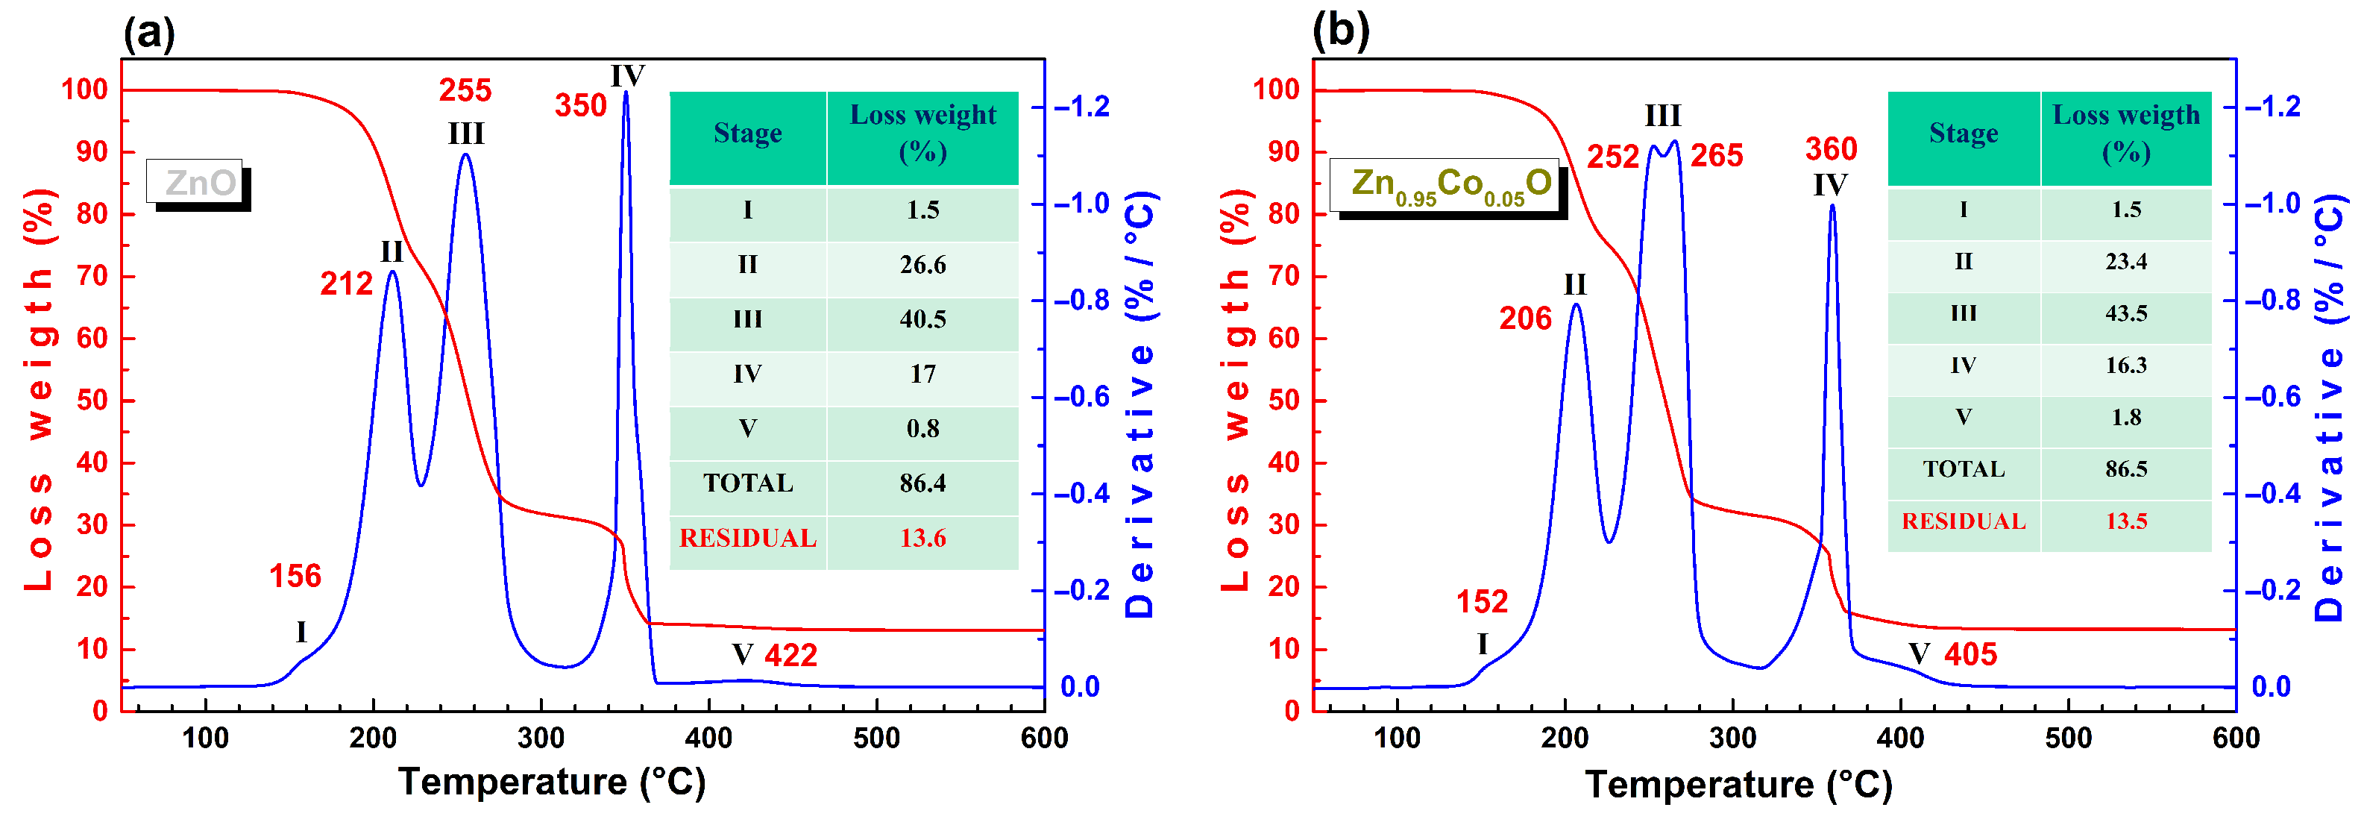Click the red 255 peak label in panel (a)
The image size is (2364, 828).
point(465,90)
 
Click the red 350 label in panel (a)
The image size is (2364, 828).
point(580,106)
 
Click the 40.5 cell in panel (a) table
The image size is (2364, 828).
point(922,319)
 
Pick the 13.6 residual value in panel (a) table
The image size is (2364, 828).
point(922,538)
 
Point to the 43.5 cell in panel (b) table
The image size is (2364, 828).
point(2125,313)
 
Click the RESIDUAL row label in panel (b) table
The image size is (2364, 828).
point(1963,521)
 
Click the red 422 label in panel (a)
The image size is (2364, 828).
point(790,656)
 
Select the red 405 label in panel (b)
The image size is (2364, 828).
point(1970,654)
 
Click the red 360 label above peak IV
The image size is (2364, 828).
point(1831,148)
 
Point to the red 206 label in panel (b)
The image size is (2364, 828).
point(1524,319)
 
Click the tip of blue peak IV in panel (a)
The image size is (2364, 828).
point(626,92)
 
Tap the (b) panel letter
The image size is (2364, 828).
point(1340,31)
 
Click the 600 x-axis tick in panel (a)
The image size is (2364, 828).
point(1043,738)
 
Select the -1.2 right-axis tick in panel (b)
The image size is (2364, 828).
point(2273,107)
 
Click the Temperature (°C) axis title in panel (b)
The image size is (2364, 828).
point(1738,785)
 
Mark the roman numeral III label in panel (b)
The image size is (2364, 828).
point(1662,116)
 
